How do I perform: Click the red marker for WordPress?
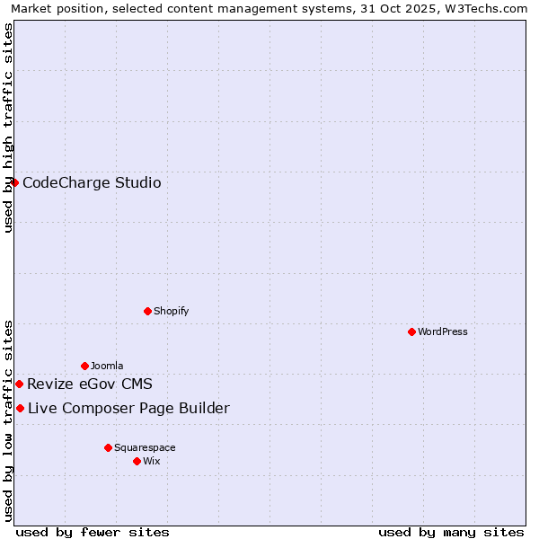[411, 331]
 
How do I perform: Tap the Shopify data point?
[147, 311]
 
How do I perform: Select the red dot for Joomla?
[84, 366]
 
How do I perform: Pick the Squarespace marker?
[108, 447]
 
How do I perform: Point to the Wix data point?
[137, 461]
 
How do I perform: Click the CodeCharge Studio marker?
[14, 183]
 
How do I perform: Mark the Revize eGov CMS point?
[19, 384]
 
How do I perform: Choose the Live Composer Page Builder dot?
[20, 409]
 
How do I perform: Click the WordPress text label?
[443, 331]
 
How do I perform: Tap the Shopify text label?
[172, 311]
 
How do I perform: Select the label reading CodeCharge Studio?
[92, 183]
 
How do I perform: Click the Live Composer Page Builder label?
[128, 409]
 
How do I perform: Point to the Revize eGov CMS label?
[90, 384]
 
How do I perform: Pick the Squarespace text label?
[145, 447]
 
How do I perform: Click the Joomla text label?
[107, 366]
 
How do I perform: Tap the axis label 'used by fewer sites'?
[93, 532]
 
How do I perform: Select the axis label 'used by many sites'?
[451, 532]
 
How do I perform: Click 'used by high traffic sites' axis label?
[8, 128]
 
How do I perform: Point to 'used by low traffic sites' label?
[8, 420]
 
